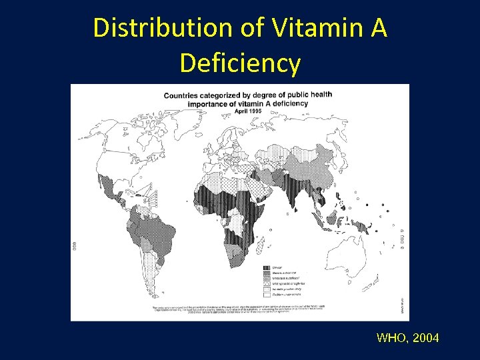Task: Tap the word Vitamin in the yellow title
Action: tap(293, 28)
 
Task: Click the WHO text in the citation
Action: tap(391, 338)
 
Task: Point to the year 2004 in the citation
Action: tap(426, 338)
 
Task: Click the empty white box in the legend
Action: tap(266, 294)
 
